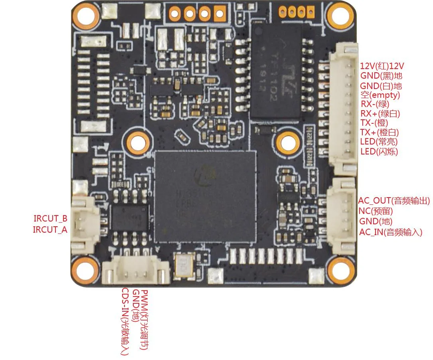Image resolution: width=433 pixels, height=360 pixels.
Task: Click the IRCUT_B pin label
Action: click(x=50, y=219)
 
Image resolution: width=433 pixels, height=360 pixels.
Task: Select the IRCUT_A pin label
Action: click(x=50, y=229)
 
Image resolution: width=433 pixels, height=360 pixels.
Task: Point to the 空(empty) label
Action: click(x=380, y=95)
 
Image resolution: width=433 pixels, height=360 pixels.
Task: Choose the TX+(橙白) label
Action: click(x=379, y=133)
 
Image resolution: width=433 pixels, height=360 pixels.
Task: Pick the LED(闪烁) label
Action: click(x=379, y=152)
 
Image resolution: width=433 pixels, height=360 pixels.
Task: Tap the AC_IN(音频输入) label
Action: click(x=390, y=232)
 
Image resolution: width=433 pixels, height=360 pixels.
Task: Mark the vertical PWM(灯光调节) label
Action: click(x=144, y=319)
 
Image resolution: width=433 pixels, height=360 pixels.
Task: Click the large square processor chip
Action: click(x=205, y=196)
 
